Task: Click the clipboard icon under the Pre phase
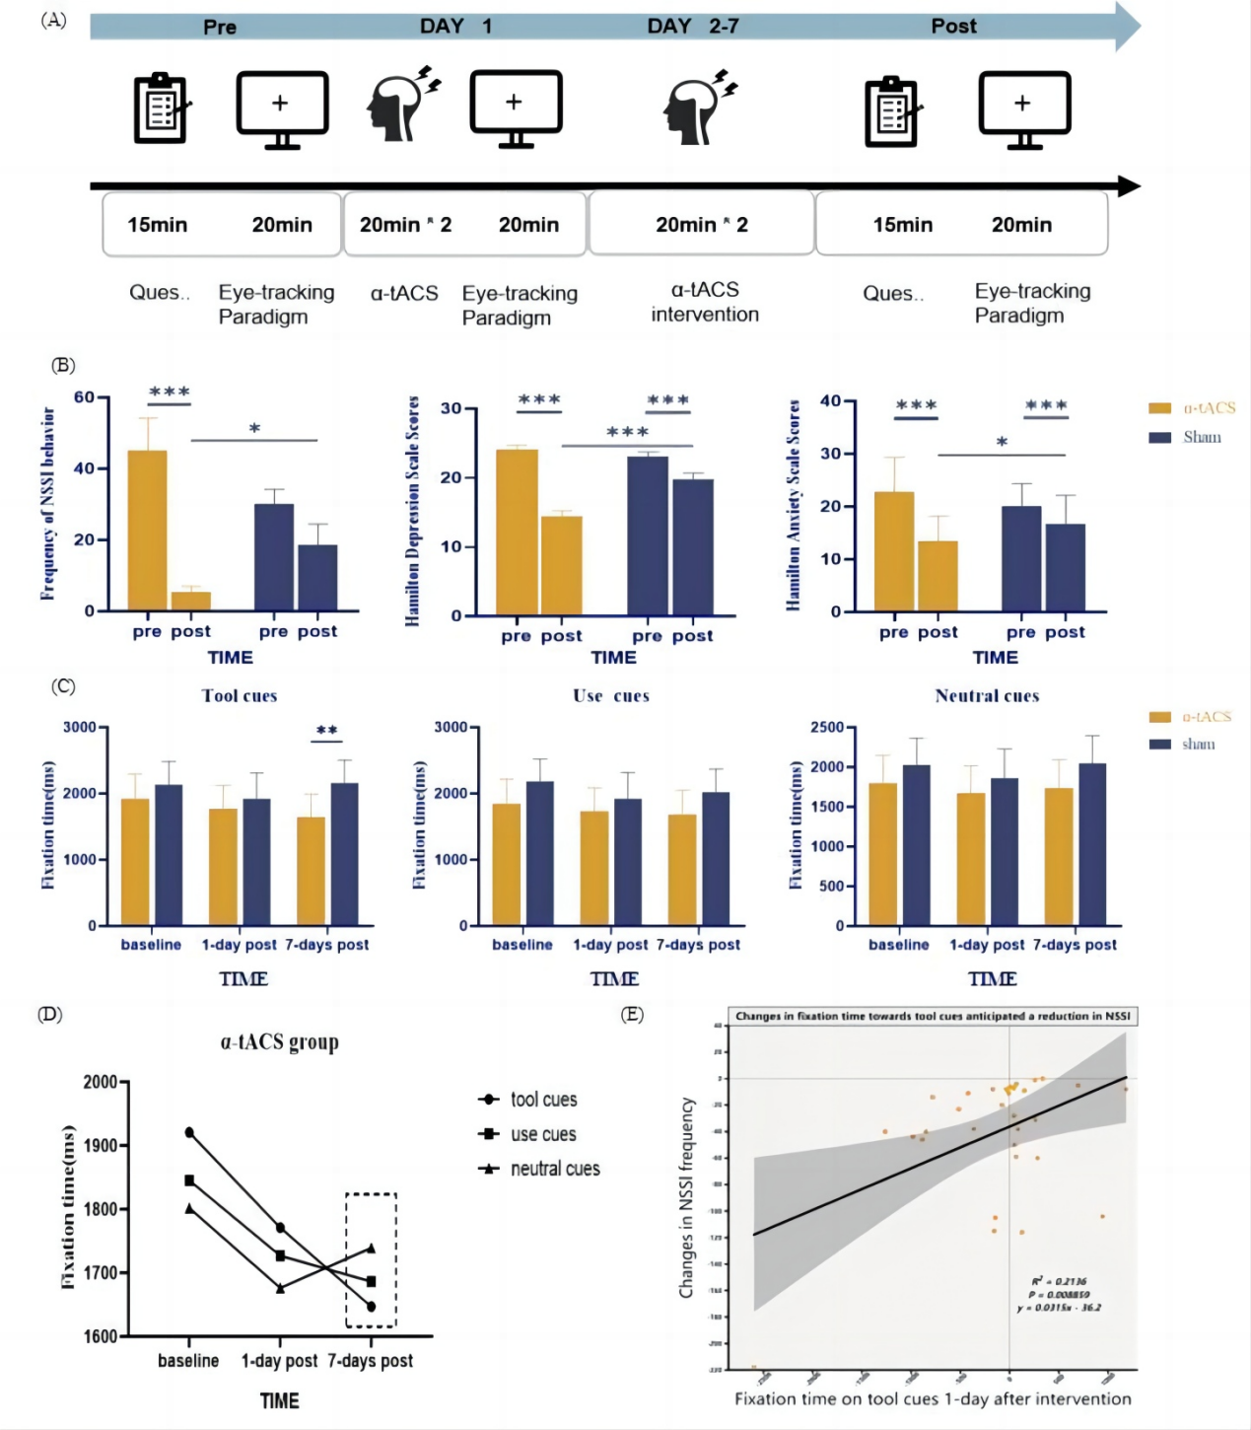(x=161, y=108)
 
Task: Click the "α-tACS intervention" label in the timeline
(x=705, y=302)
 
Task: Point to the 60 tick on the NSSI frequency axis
(x=85, y=397)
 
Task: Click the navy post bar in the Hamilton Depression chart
(x=693, y=547)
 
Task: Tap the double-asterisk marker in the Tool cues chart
(x=327, y=731)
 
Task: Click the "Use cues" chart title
(x=611, y=695)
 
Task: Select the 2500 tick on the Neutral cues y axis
(x=827, y=728)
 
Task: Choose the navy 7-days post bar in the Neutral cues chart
(x=1092, y=844)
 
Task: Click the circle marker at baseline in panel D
(x=189, y=1132)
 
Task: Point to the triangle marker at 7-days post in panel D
(x=371, y=1248)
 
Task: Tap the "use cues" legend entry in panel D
(x=542, y=1134)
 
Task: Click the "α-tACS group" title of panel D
(x=279, y=1042)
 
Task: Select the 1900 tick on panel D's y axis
(x=101, y=1145)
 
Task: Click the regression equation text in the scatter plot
(x=1060, y=1308)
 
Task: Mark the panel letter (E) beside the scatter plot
(x=632, y=1015)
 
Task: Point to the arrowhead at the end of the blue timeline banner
(x=1128, y=27)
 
